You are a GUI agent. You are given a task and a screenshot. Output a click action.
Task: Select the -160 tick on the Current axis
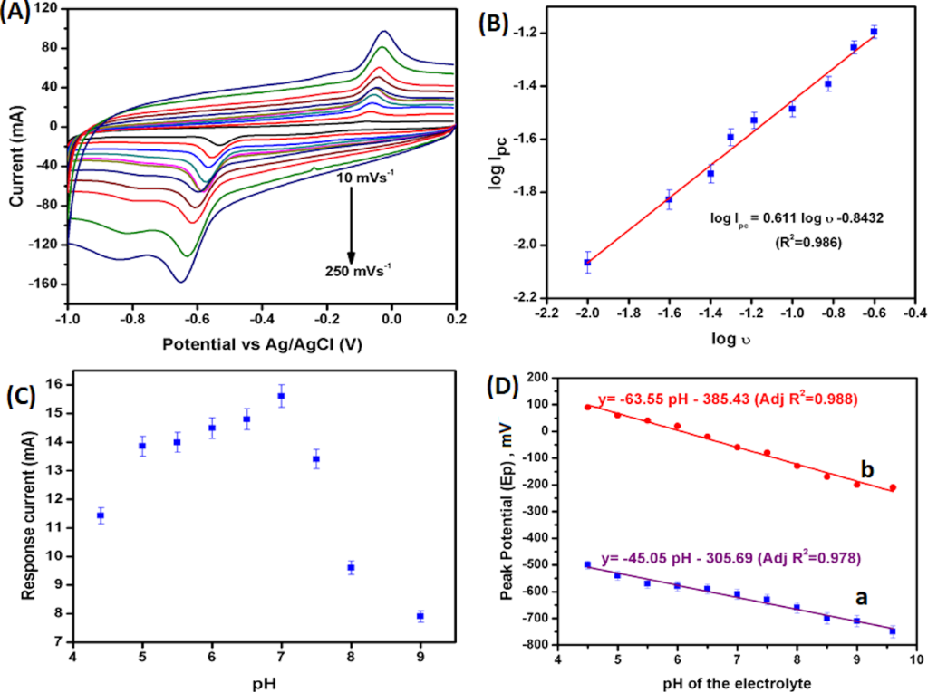pyautogui.click(x=45, y=284)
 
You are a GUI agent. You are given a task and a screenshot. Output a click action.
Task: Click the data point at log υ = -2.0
pyautogui.click(x=587, y=262)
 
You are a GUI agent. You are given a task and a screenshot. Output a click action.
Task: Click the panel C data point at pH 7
pyautogui.click(x=281, y=396)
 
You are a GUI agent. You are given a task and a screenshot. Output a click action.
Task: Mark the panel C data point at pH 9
pyautogui.click(x=420, y=616)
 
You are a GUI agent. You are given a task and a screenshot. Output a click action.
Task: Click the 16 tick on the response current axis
pyautogui.click(x=61, y=385)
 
